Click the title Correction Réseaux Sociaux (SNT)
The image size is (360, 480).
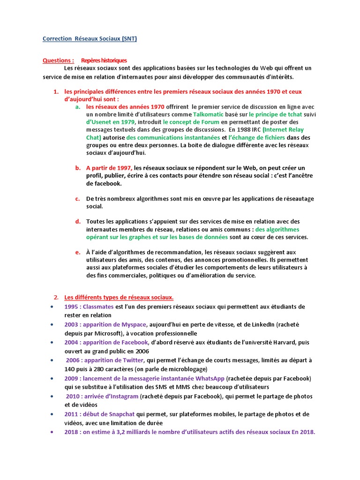click(x=90, y=39)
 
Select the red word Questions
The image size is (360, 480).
click(x=58, y=60)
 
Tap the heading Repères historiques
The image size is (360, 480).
click(x=104, y=60)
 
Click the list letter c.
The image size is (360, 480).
click(x=77, y=198)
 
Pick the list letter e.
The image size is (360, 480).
click(x=77, y=252)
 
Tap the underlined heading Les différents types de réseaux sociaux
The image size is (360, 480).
click(x=119, y=297)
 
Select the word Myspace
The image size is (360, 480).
click(x=134, y=324)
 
